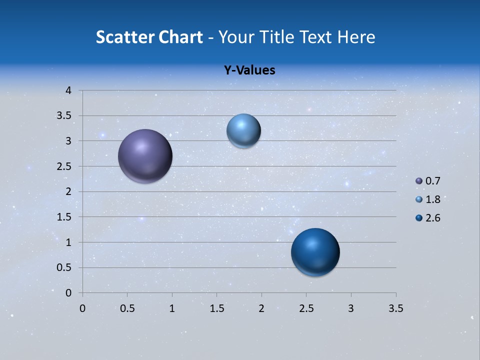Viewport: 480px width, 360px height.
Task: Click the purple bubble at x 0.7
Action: pyautogui.click(x=145, y=156)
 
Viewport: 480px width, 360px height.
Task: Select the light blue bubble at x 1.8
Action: pyautogui.click(x=243, y=131)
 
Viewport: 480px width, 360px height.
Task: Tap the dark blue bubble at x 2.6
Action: pyautogui.click(x=315, y=252)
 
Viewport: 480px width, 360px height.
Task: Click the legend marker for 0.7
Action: pyautogui.click(x=419, y=181)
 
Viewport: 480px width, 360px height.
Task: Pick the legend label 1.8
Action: pyautogui.click(x=432, y=199)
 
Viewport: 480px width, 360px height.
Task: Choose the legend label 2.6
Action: pyautogui.click(x=432, y=218)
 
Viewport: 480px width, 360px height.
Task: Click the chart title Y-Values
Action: pyautogui.click(x=249, y=70)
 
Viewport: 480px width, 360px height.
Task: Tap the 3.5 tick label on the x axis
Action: pyautogui.click(x=395, y=308)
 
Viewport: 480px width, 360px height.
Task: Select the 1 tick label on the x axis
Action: pyautogui.click(x=172, y=308)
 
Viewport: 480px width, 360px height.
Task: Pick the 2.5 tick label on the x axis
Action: pyautogui.click(x=306, y=308)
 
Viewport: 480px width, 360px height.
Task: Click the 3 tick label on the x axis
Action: pyautogui.click(x=351, y=308)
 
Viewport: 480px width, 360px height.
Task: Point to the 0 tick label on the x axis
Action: pyautogui.click(x=82, y=308)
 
